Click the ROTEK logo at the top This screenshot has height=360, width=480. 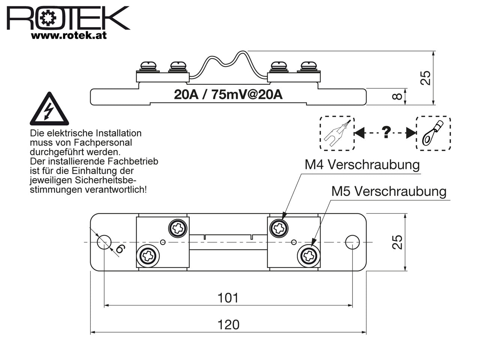coord(68,18)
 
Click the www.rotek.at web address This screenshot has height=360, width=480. coord(69,36)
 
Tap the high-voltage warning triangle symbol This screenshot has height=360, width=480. coord(49,109)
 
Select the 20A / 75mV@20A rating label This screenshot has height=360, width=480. coord(228,94)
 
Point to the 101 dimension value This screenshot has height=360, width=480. coord(228,298)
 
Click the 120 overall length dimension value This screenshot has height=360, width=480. coord(228,324)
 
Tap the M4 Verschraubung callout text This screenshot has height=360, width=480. coord(362,165)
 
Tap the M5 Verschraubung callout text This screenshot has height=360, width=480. coord(389,191)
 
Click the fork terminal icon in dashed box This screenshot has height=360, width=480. coord(337,133)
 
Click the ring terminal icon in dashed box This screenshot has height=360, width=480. coord(433,133)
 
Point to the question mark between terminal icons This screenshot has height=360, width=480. coord(386,132)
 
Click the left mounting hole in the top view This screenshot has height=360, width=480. coord(104,242)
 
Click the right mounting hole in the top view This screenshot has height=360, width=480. coord(352,242)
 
